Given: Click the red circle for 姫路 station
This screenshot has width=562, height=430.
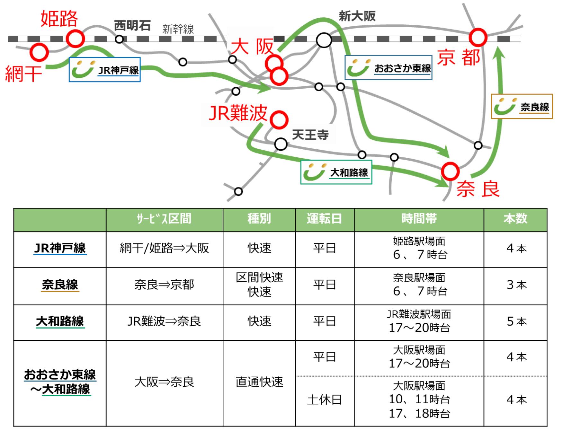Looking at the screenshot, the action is pos(75,39).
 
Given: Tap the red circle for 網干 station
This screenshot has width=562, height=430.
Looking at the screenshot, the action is pos(39,52).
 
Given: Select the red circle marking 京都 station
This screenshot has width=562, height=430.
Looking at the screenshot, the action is pos(478,38).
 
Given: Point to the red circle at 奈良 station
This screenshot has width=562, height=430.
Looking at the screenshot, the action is pos(450,171).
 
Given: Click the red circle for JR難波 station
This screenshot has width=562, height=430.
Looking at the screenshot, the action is pos(279,120).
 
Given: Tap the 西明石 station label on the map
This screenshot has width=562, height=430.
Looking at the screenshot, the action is pos(132,26).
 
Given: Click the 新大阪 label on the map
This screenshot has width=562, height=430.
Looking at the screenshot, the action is pos(357,16).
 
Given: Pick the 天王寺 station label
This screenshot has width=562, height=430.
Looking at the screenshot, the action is pos(310,135).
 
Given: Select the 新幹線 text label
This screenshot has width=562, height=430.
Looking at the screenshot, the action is pos(178,29).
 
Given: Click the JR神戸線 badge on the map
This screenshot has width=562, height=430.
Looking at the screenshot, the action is pos(105,70).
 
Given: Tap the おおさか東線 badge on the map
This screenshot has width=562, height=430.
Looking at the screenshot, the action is pos(388,68).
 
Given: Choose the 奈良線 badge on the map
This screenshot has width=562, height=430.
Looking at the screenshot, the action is pos(522,107).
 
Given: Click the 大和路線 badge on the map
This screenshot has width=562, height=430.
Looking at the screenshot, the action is pos(336,172).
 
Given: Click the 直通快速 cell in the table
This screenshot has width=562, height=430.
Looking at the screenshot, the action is pos(259,382).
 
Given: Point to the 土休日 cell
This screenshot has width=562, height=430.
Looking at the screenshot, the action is pos(325,400).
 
